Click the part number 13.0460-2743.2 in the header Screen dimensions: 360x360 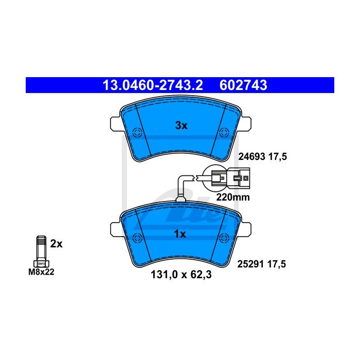153,85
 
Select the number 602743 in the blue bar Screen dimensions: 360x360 243,85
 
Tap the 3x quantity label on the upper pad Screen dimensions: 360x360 182,125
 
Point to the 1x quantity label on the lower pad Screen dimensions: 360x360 180,234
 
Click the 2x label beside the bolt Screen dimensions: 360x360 56,244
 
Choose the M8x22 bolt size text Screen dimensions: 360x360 41,272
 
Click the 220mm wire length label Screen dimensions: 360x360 233,197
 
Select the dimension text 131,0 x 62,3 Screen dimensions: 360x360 181,275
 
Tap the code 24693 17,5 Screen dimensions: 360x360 263,157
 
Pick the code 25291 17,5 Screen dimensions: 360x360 261,264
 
